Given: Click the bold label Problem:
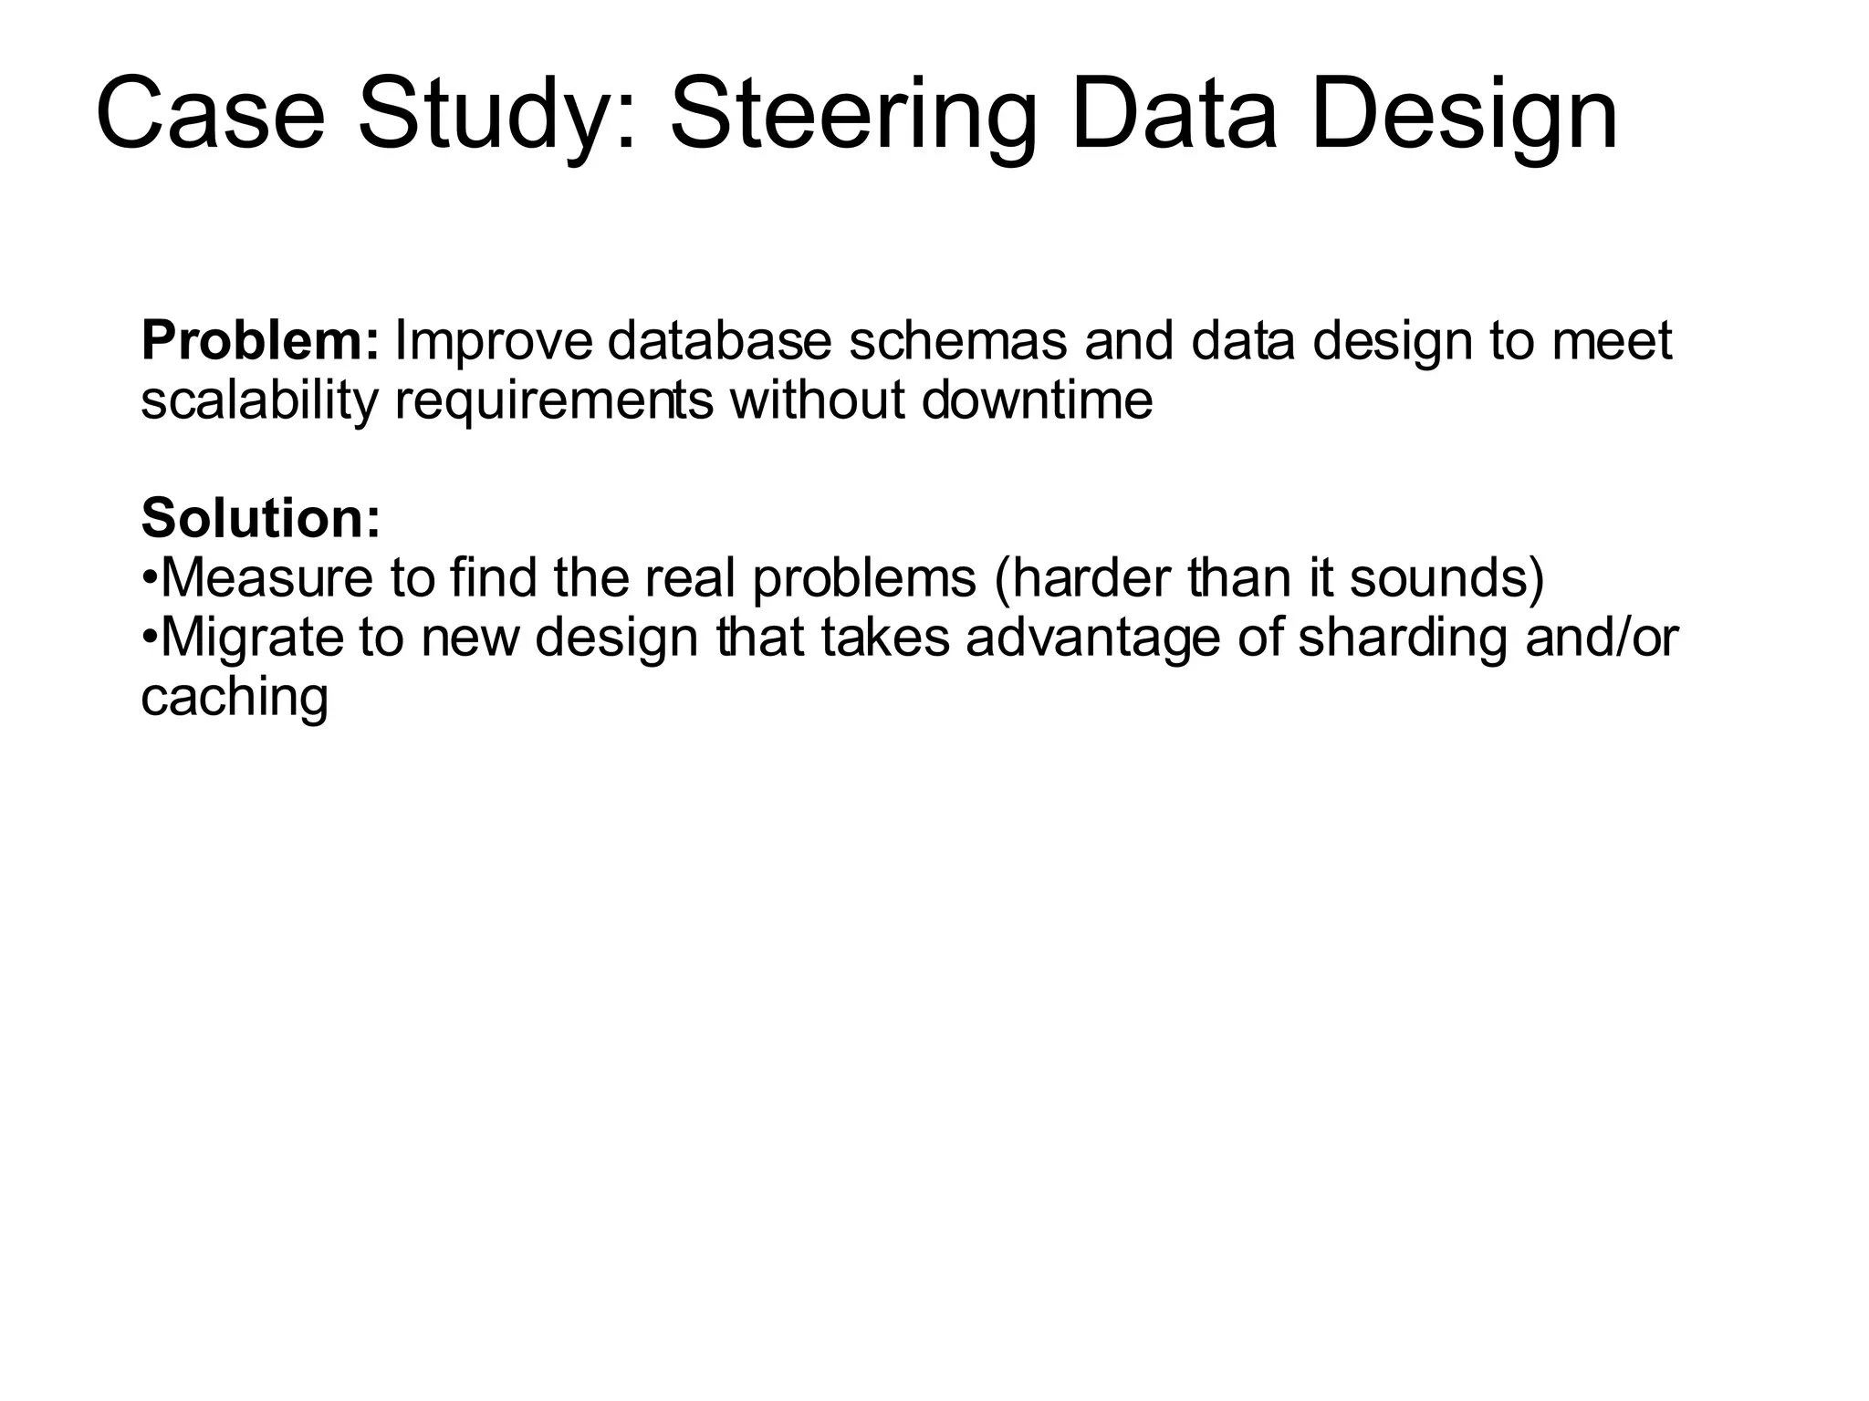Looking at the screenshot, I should pos(260,342).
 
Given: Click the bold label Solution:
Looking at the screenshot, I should pos(261,518).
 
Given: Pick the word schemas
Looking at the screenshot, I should pos(956,340).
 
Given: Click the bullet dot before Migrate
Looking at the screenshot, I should pos(151,638).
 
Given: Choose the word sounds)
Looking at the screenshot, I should pos(1446,578).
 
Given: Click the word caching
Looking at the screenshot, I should pos(235,699).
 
